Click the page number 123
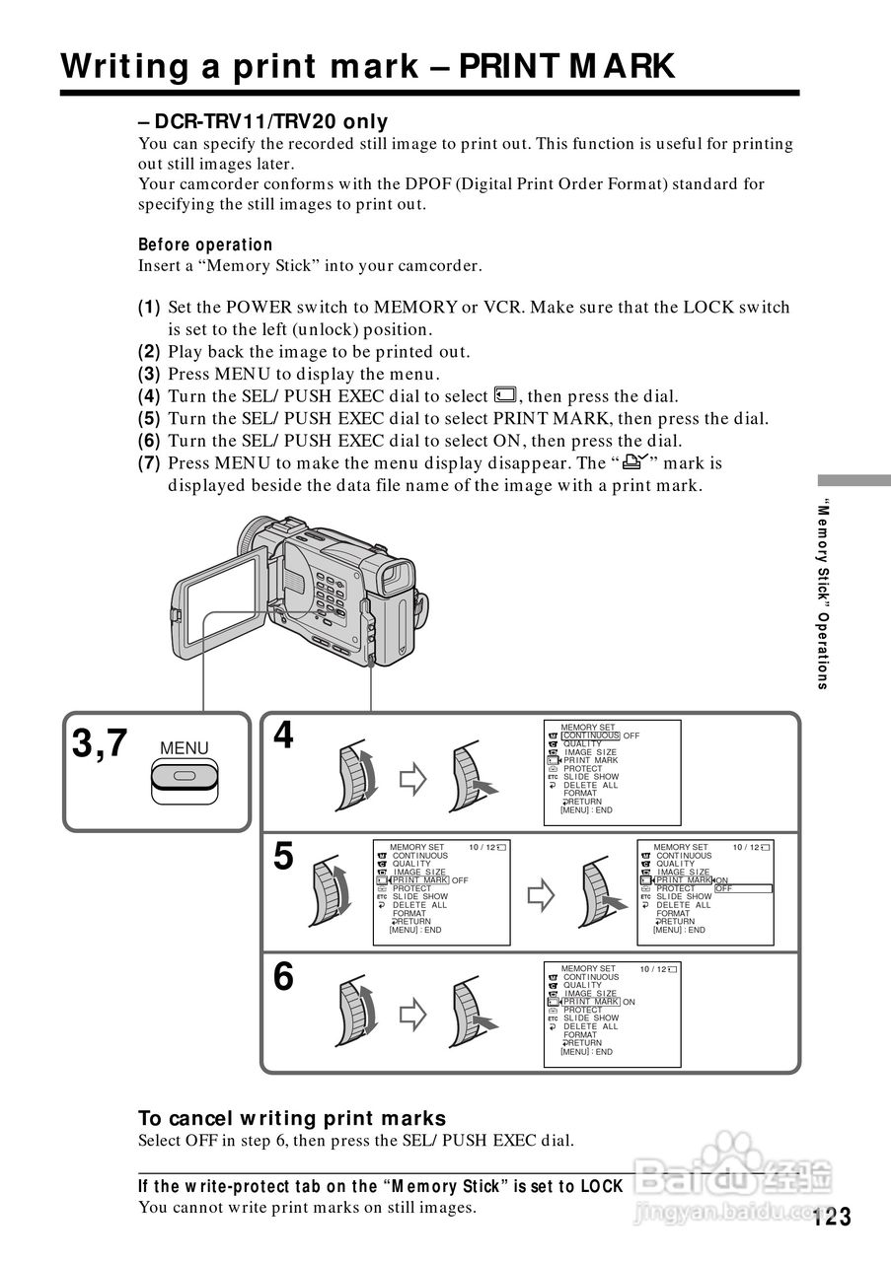[832, 1217]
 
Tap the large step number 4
[283, 736]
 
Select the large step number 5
[283, 857]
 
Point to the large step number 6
[283, 977]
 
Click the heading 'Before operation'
[205, 245]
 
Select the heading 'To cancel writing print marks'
[292, 1118]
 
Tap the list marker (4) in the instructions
[149, 396]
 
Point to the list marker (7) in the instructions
[149, 462]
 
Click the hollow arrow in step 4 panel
[411, 780]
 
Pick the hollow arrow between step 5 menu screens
[542, 895]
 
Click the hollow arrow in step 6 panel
[411, 1015]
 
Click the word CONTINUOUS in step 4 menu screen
[591, 736]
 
